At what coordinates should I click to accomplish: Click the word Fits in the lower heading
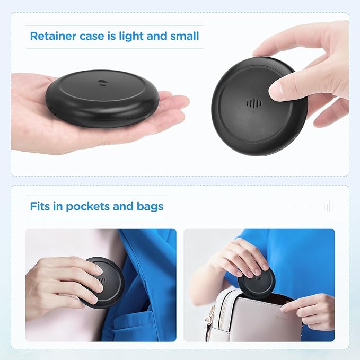coord(40,206)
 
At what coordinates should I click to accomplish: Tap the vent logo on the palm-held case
coord(102,83)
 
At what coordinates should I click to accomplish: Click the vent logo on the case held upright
coord(254,102)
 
